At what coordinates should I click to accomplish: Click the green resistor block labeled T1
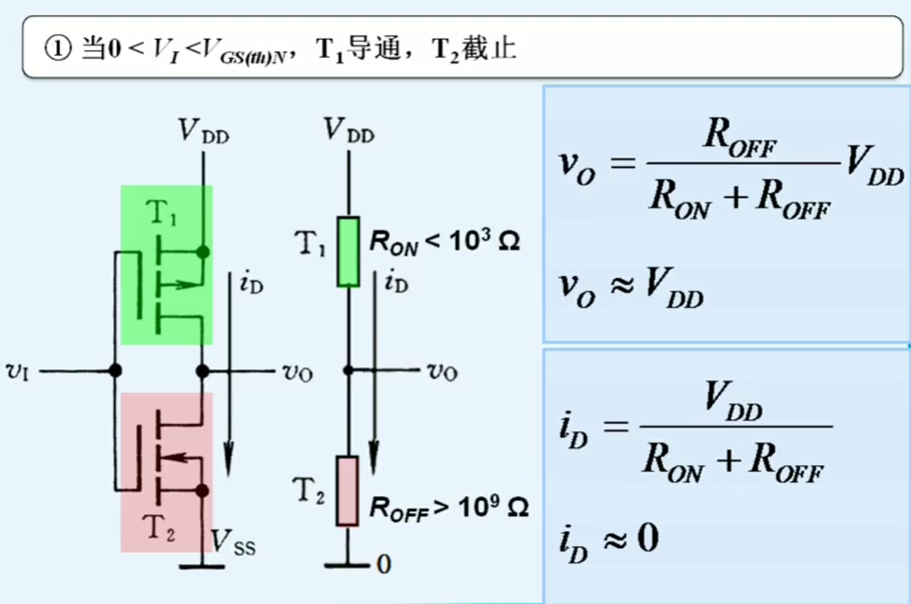[x=348, y=252]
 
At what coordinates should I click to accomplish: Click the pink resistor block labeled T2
[x=347, y=491]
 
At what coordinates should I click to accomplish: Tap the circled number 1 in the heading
[x=57, y=48]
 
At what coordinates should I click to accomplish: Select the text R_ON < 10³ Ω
[x=444, y=242]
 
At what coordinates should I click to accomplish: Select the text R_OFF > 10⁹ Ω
[x=449, y=508]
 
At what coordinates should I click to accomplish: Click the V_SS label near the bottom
[x=232, y=542]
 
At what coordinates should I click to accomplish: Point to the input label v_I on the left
[x=17, y=371]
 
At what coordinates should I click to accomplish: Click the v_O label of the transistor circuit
[x=297, y=372]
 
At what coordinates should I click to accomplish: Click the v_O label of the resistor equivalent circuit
[x=442, y=372]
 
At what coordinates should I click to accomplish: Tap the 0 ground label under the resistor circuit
[x=384, y=565]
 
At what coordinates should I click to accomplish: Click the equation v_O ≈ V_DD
[x=630, y=287]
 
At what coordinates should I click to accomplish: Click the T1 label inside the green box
[x=162, y=212]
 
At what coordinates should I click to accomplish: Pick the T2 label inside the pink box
[x=159, y=527]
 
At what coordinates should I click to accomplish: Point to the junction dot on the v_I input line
[x=115, y=370]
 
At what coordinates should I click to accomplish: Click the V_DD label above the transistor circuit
[x=204, y=131]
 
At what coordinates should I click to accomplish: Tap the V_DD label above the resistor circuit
[x=349, y=130]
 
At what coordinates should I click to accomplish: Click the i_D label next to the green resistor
[x=396, y=282]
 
